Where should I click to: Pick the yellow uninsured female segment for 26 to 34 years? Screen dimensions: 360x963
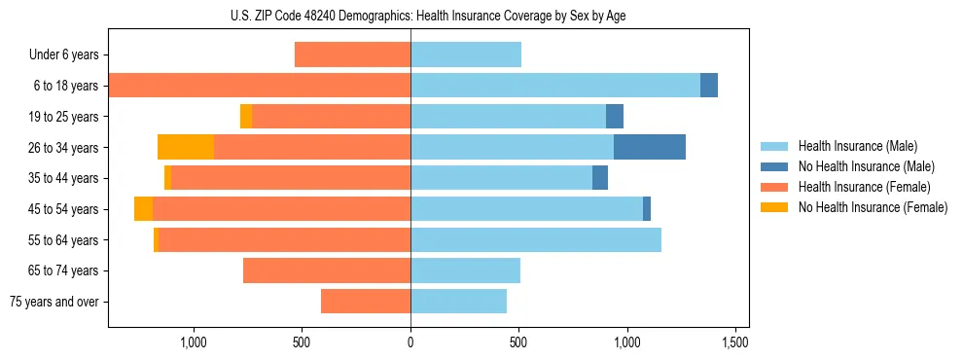pos(186,147)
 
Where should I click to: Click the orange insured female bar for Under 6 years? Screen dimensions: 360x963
pos(352,54)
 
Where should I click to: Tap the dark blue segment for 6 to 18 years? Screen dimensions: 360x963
pos(709,86)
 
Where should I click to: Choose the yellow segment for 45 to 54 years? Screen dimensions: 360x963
pos(144,209)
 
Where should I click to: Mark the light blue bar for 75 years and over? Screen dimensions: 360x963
pos(458,302)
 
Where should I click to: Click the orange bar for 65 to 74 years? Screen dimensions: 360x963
pos(327,270)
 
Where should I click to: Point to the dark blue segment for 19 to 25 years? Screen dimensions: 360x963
pos(615,117)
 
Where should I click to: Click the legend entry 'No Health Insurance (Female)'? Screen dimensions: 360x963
pos(873,207)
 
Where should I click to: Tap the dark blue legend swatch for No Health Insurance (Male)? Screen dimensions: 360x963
pos(775,166)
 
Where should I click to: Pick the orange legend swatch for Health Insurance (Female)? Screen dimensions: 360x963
pos(775,187)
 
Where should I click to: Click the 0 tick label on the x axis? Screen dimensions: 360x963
pos(410,342)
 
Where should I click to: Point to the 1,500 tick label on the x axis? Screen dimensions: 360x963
pos(735,342)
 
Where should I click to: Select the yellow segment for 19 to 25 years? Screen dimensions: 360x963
pos(246,117)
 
